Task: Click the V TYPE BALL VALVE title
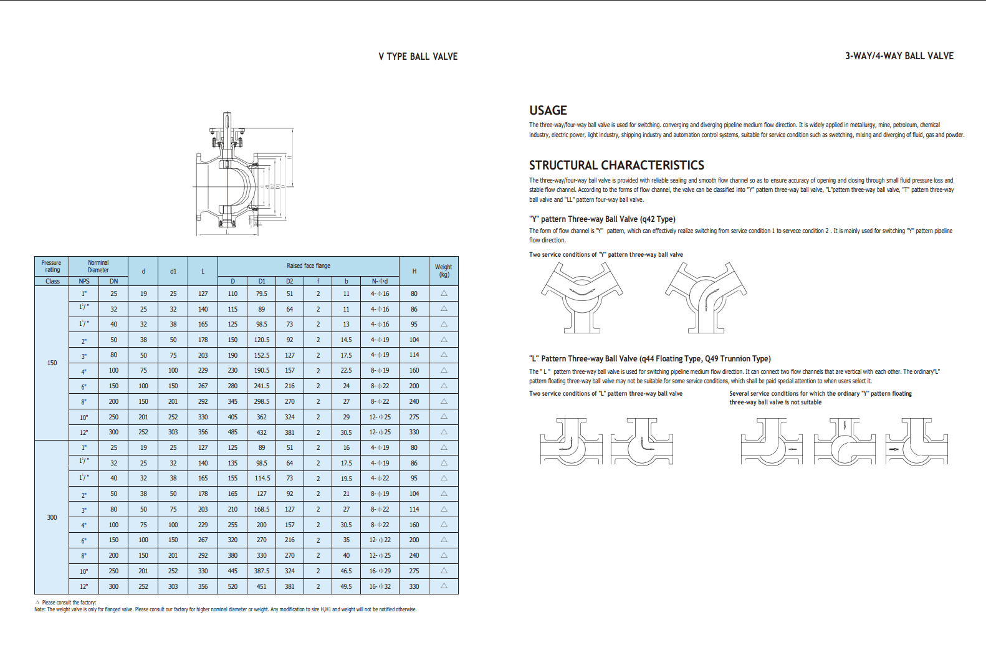[418, 57]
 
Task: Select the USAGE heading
[548, 110]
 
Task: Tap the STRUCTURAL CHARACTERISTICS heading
[616, 165]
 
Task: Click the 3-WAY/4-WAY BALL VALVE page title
[899, 56]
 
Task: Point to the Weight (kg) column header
[444, 270]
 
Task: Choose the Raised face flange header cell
[309, 265]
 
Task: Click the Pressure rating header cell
[52, 266]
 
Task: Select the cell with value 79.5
[262, 293]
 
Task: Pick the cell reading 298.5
[262, 402]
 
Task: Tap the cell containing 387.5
[262, 571]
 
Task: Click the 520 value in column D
[232, 586]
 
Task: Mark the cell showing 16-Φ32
[380, 586]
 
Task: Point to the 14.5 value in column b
[346, 340]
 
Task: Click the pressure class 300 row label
[52, 517]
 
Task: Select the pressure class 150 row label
[52, 363]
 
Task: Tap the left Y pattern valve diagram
[582, 297]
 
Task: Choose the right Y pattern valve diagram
[706, 297]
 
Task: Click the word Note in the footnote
[40, 609]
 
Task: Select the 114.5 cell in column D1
[262, 479]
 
